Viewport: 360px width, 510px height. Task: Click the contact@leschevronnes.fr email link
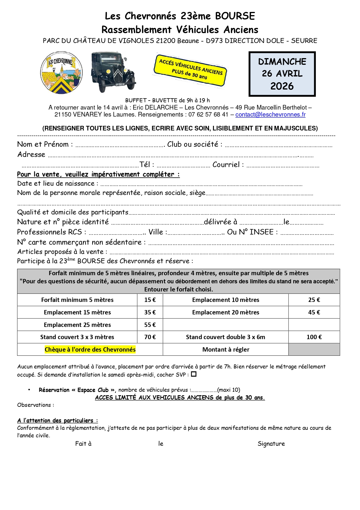[270, 114]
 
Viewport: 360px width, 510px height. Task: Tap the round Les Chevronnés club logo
[61, 73]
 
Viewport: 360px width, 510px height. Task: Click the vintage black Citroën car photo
[113, 72]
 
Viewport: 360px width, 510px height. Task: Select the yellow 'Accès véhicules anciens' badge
[190, 70]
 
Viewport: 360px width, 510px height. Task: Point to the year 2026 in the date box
[282, 86]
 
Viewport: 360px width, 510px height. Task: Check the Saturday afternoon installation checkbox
[194, 374]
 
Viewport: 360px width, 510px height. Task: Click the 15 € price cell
[150, 300]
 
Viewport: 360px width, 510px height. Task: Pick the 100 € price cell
[314, 337]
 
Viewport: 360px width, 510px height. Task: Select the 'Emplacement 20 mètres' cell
[226, 312]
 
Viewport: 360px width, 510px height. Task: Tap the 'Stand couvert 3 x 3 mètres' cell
[77, 337]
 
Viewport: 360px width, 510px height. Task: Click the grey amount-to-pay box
[314, 349]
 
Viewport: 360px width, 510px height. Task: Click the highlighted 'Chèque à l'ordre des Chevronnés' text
[90, 349]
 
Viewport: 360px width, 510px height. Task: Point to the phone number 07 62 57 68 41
[208, 114]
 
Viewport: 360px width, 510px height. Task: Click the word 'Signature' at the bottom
[271, 443]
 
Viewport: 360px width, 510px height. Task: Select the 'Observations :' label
[35, 405]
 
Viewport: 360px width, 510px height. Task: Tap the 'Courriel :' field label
[228, 165]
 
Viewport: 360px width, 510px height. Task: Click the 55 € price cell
[150, 325]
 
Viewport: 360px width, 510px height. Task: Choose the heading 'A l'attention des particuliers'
[57, 420]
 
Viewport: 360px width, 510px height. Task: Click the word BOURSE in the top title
[235, 16]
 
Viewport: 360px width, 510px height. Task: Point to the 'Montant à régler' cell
[226, 349]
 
